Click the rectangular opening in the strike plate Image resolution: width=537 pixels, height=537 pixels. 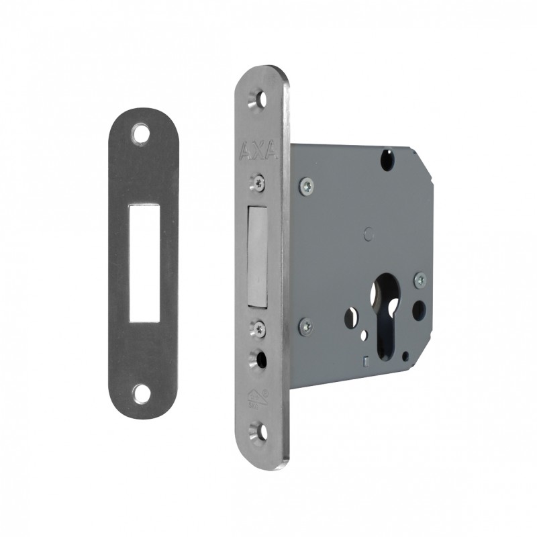(143, 261)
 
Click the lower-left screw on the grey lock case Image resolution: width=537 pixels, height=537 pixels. (306, 326)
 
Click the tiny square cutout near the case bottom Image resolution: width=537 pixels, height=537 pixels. (365, 362)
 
